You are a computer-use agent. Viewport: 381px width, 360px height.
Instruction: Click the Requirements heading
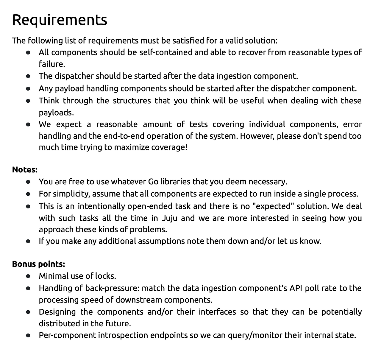[x=60, y=20]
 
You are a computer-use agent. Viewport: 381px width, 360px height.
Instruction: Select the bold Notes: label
[x=25, y=170]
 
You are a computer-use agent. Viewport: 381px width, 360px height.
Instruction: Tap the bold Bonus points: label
[x=38, y=264]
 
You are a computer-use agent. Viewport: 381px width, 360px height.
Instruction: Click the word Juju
[x=169, y=218]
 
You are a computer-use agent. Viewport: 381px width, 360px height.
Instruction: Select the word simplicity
[x=71, y=194]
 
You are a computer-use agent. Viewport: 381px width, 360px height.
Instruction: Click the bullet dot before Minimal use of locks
[x=28, y=276]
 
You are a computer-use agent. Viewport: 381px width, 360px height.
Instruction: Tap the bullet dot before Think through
[x=28, y=101]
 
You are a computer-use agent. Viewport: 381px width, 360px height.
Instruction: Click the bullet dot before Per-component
[x=28, y=336]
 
